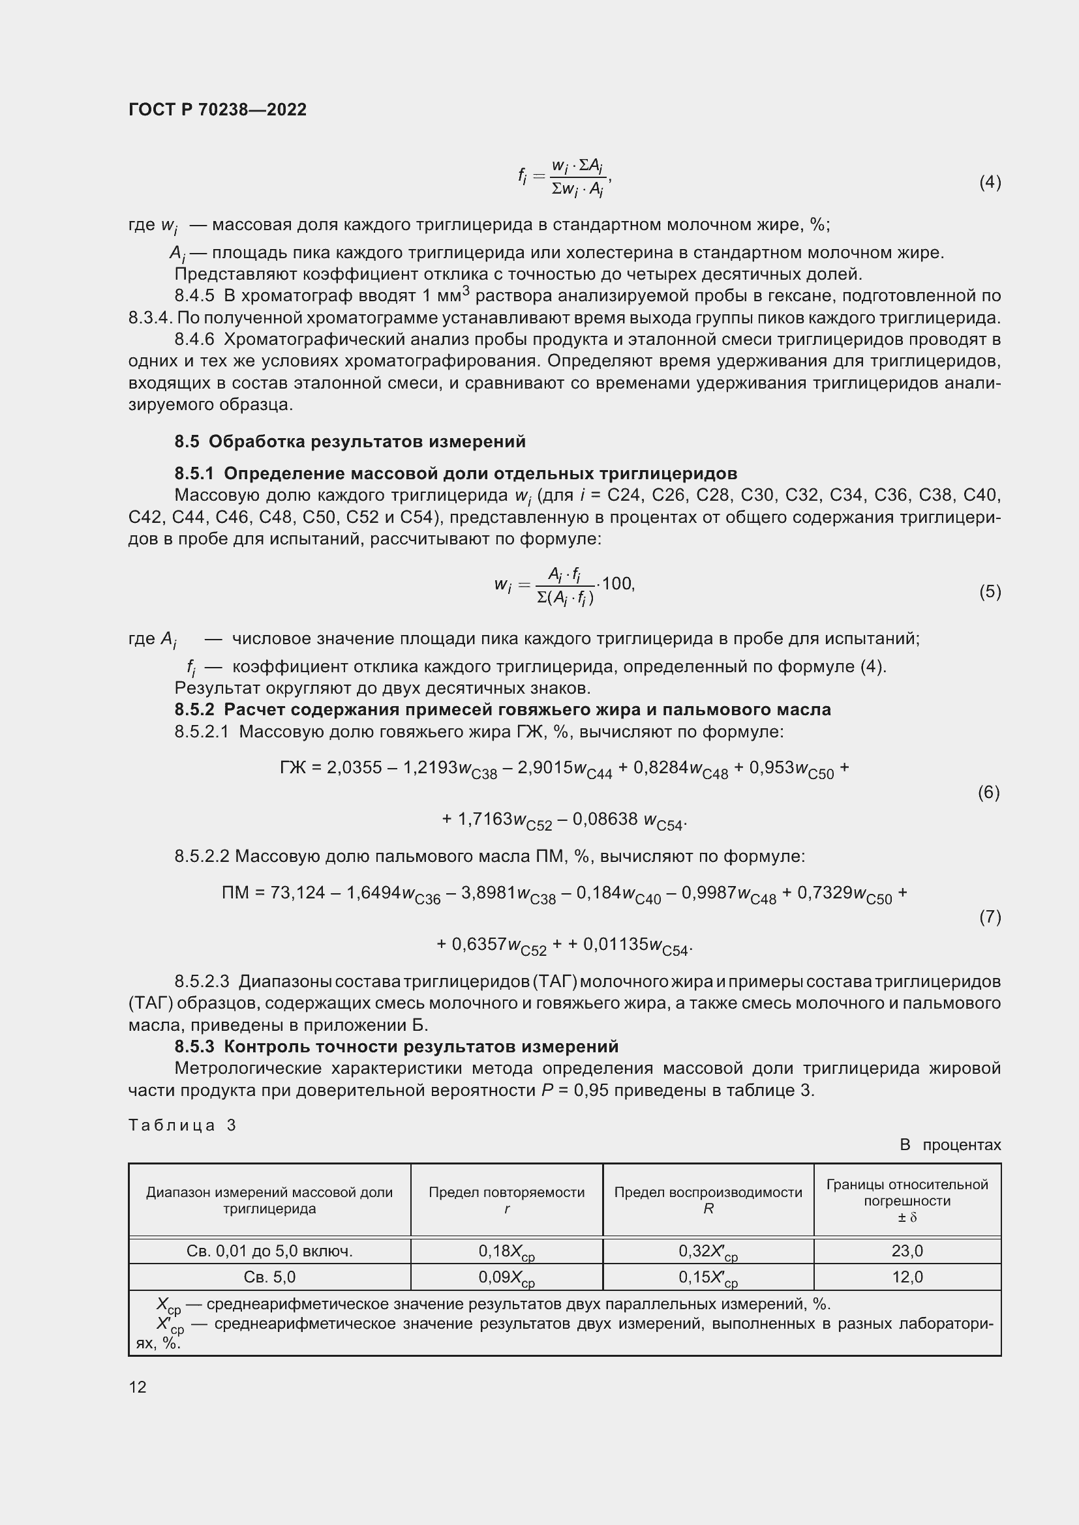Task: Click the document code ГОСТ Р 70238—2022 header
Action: [x=217, y=110]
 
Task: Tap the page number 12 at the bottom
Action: [x=138, y=1387]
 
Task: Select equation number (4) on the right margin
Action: [x=990, y=182]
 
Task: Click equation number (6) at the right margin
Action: [x=988, y=792]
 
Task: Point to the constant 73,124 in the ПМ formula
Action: [x=297, y=893]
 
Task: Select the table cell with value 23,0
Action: [x=907, y=1251]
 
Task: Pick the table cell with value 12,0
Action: [x=907, y=1277]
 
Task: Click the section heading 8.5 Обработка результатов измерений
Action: [x=350, y=441]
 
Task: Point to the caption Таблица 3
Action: [x=182, y=1125]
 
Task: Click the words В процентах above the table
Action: [x=950, y=1144]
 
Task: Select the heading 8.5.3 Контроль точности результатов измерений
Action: [x=396, y=1047]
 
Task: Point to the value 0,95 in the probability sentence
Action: [x=588, y=1091]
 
